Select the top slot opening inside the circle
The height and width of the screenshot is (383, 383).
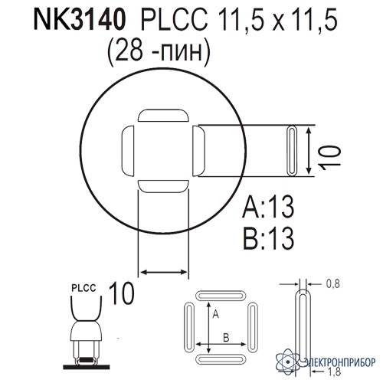pos(163,115)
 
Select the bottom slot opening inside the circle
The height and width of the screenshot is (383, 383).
pos(163,186)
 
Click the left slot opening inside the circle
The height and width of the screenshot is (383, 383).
pos(128,151)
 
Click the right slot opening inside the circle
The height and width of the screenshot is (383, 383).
pos(198,151)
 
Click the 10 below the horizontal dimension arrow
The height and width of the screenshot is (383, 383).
pos(121,293)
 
